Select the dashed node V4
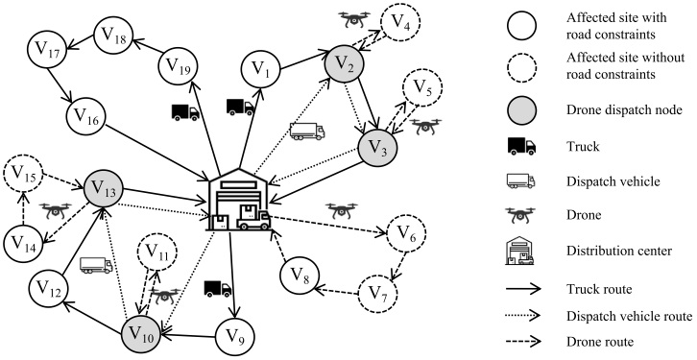click(x=400, y=22)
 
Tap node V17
click(x=47, y=49)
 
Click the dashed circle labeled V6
click(x=406, y=232)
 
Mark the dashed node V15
click(x=22, y=173)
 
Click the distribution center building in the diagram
click(x=239, y=200)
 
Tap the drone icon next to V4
click(x=354, y=18)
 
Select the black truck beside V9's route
click(x=218, y=288)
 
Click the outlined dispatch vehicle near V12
click(x=96, y=265)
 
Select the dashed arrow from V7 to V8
click(x=336, y=291)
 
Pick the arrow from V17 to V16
click(x=61, y=84)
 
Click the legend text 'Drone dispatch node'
click(x=624, y=109)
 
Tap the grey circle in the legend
click(x=521, y=109)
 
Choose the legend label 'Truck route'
click(x=599, y=289)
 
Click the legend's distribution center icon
click(x=520, y=251)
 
